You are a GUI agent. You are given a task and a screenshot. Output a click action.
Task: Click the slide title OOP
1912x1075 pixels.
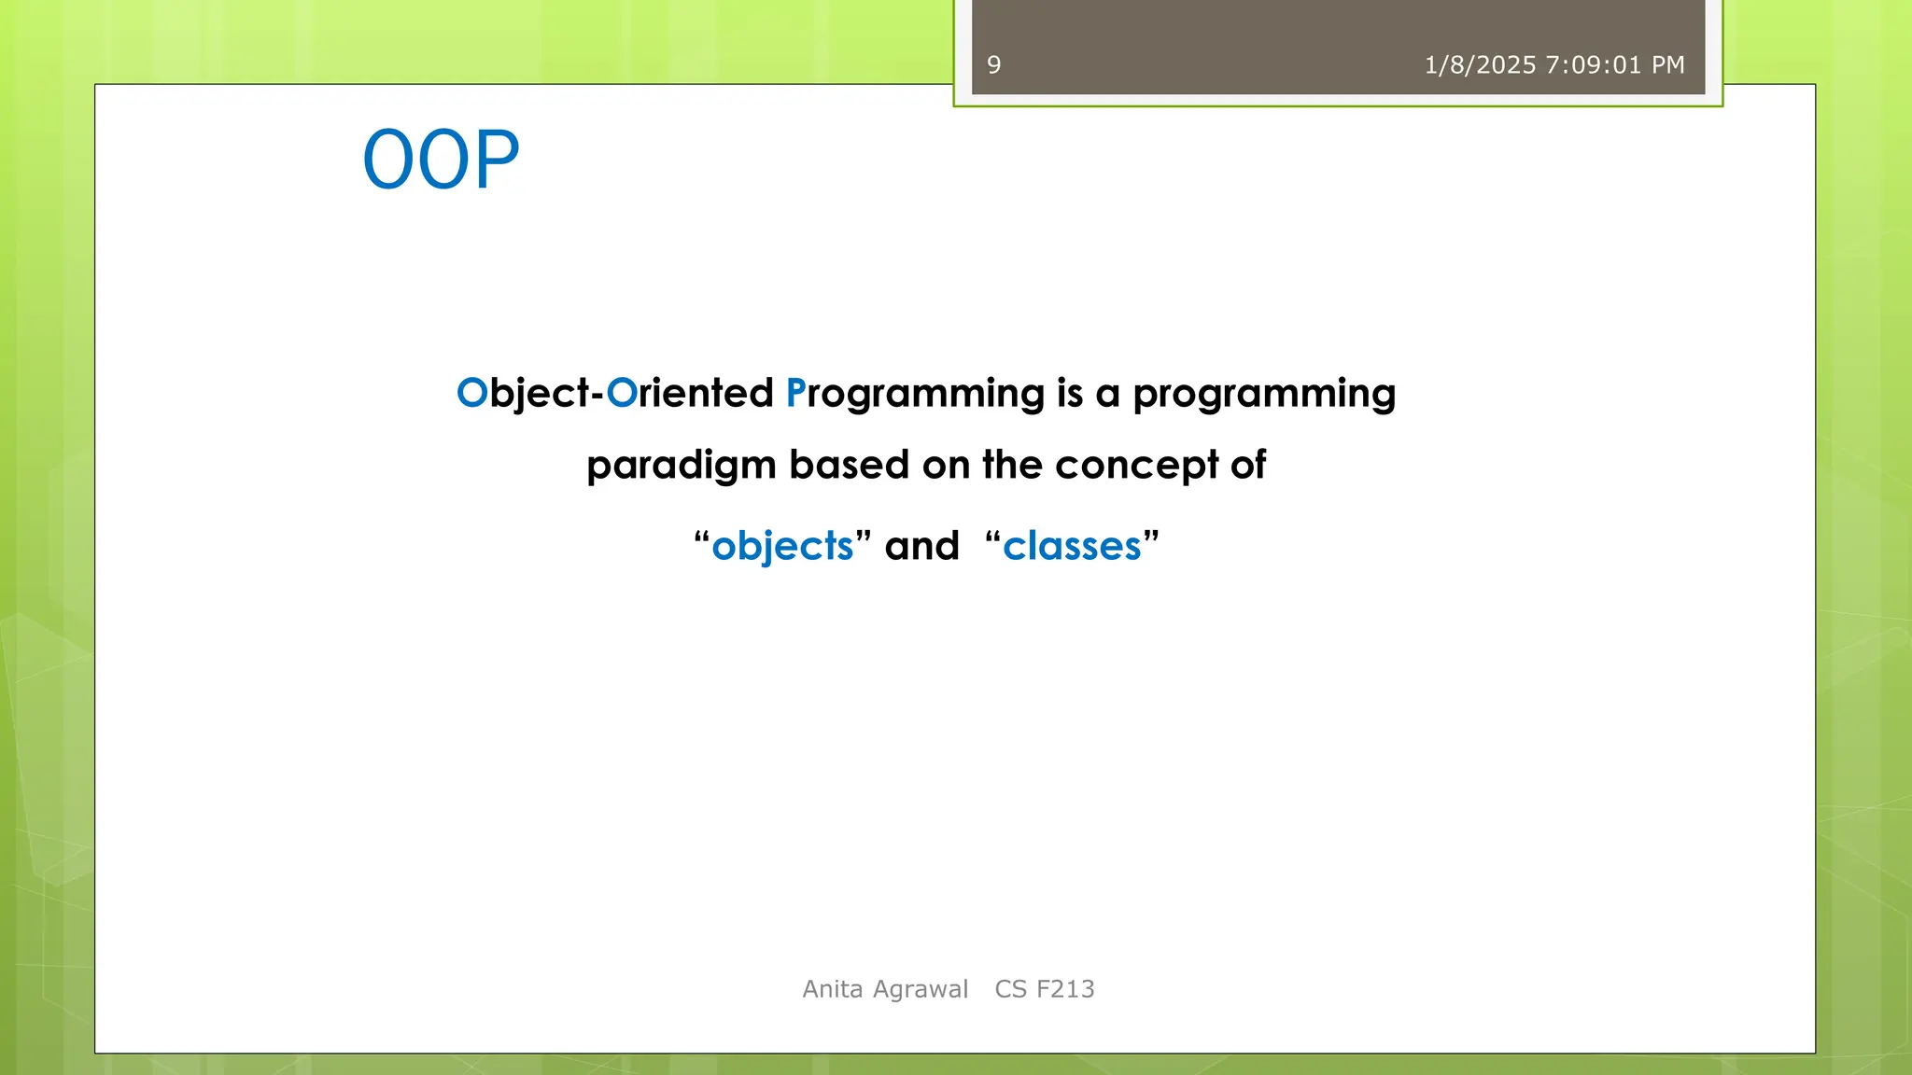click(x=441, y=161)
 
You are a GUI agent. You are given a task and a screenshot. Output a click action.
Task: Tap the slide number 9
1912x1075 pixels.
click(x=993, y=65)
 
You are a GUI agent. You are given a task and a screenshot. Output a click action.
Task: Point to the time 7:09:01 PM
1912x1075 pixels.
click(x=1615, y=65)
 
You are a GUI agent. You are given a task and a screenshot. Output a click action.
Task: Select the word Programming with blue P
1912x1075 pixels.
click(x=915, y=393)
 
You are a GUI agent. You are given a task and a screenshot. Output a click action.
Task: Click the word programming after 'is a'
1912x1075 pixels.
click(x=1264, y=393)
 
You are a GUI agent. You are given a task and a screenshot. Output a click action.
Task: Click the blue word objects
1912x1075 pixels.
click(x=782, y=546)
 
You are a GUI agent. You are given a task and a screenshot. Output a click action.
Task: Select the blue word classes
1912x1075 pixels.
click(x=1072, y=546)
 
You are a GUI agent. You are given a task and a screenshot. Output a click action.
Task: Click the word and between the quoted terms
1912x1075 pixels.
click(x=921, y=546)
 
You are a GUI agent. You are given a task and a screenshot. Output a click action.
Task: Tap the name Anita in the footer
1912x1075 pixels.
click(x=833, y=989)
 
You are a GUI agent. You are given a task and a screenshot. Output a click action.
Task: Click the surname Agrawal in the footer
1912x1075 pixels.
click(x=921, y=989)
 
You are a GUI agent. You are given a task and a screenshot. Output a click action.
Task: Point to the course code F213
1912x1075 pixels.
click(x=1065, y=989)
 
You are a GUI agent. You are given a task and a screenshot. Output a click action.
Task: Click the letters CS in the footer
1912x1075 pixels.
click(x=1010, y=989)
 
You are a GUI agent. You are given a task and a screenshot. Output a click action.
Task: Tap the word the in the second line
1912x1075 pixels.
click(x=1011, y=465)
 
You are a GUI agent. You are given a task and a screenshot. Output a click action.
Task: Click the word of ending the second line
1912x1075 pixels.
click(x=1248, y=465)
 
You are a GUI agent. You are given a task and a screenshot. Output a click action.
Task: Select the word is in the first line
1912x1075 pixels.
click(x=1069, y=393)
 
